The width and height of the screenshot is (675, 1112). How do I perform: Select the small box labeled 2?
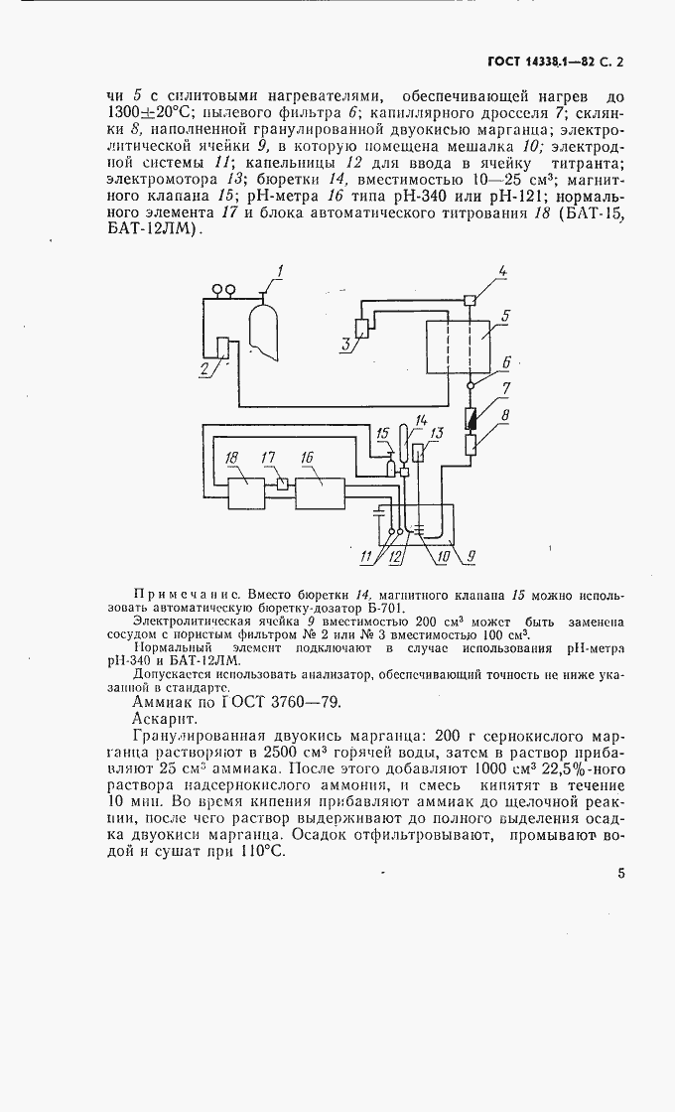click(x=222, y=350)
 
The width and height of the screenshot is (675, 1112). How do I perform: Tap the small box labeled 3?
click(x=360, y=330)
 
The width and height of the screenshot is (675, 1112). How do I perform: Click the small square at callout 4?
click(x=470, y=300)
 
